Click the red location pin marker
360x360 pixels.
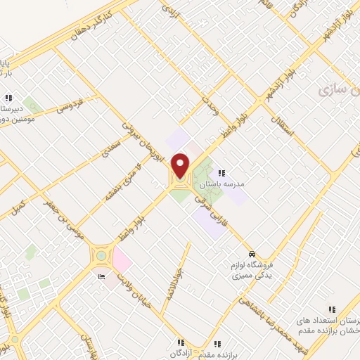[x=180, y=165]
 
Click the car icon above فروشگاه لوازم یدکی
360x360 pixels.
[x=252, y=254]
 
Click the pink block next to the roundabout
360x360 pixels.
[x=120, y=261]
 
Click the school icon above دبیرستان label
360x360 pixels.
[x=8, y=97]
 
